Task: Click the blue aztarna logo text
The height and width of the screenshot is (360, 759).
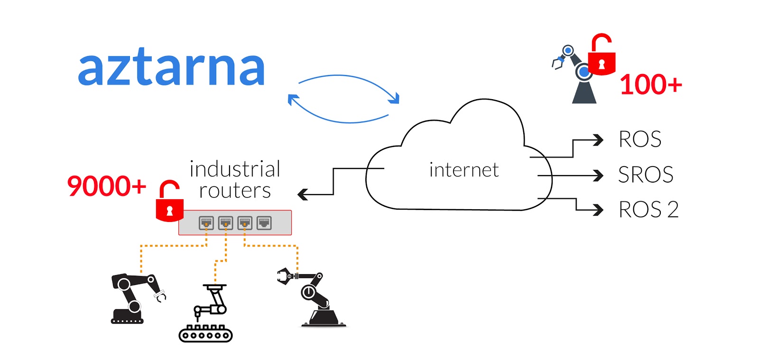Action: (171, 69)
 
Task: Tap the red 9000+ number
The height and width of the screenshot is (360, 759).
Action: (107, 186)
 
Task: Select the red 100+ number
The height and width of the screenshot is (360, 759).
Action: (651, 85)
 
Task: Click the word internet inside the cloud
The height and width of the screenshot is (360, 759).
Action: (464, 170)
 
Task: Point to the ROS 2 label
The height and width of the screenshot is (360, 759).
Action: (648, 210)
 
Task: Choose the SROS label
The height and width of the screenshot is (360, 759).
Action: (646, 175)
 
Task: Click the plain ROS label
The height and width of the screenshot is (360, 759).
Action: (640, 139)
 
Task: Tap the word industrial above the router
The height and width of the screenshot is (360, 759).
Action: (235, 169)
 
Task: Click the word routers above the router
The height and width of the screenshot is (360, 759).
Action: (235, 191)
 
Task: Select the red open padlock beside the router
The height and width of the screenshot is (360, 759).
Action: (169, 203)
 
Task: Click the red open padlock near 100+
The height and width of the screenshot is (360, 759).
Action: (602, 56)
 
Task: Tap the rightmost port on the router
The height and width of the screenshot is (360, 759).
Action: (264, 222)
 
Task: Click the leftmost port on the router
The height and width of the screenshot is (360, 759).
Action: (206, 222)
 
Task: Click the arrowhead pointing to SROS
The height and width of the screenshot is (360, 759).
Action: (599, 175)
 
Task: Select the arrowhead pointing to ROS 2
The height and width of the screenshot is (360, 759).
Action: (599, 210)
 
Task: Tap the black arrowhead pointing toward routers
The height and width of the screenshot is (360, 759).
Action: (303, 194)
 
